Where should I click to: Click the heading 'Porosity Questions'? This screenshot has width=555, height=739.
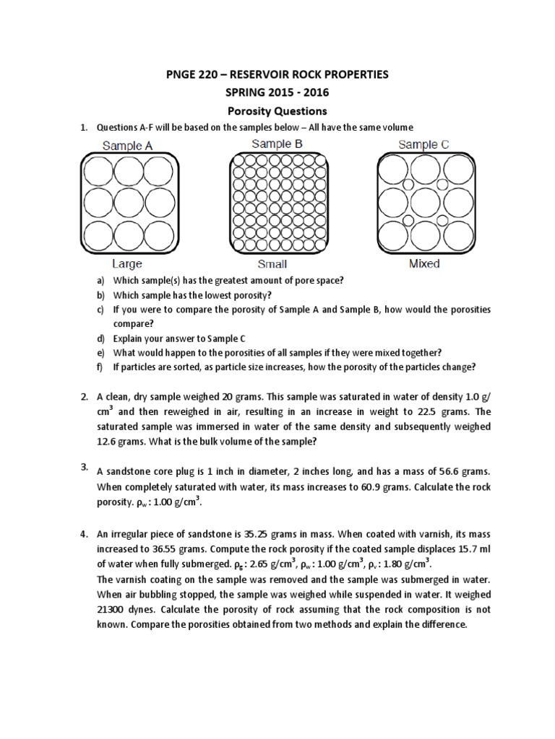pos(277,111)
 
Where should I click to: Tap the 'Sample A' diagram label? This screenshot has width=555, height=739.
pos(127,146)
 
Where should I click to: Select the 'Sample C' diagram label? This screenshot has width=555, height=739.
pos(423,144)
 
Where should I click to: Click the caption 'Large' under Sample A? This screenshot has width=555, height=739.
pos(126,264)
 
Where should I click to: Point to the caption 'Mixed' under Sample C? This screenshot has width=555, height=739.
pos(424,263)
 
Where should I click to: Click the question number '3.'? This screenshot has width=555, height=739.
pos(84,468)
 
